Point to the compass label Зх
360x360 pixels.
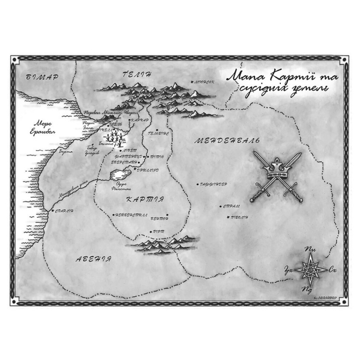pos(288,270)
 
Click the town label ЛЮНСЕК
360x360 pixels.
pos(203,81)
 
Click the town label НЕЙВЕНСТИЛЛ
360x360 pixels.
pos(129,214)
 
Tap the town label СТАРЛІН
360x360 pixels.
pos(63,210)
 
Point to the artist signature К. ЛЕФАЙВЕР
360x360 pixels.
pos(318,297)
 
